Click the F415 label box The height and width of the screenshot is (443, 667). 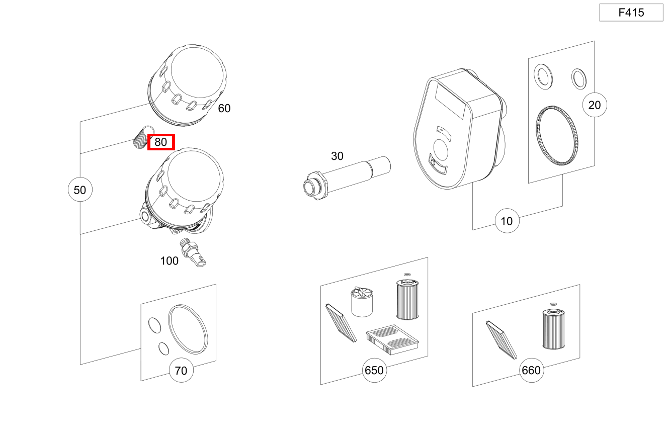631,13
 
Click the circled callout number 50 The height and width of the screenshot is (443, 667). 80,190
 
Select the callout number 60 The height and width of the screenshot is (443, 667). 224,109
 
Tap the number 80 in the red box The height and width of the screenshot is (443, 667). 161,142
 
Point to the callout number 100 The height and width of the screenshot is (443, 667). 169,261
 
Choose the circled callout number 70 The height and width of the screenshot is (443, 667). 181,371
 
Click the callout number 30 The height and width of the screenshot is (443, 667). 337,156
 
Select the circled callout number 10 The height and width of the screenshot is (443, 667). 507,221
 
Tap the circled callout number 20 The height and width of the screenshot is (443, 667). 595,105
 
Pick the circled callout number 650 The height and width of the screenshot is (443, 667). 374,370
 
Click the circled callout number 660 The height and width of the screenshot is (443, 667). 531,370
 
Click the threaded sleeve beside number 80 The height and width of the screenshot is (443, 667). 143,138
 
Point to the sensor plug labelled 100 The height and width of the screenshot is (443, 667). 193,252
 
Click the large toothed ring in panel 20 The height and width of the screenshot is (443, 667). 557,135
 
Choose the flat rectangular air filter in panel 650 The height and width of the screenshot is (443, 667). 392,339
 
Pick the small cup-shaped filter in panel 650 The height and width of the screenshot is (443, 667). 362,302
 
